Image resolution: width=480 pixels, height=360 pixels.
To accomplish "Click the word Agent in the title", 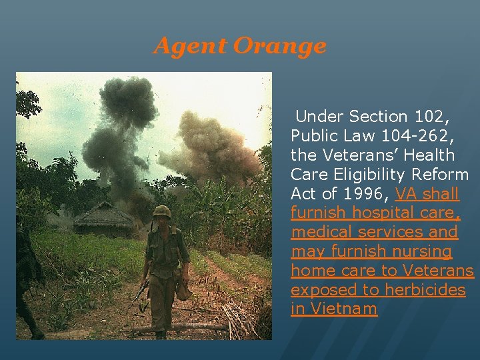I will point(191,46).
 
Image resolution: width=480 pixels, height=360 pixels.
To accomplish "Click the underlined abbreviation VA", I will point(407,194).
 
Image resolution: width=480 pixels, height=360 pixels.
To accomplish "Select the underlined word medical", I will point(319,233).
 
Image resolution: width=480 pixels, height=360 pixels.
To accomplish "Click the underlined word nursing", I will point(421,252).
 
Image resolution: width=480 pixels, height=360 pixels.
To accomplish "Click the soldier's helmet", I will point(161,212).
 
